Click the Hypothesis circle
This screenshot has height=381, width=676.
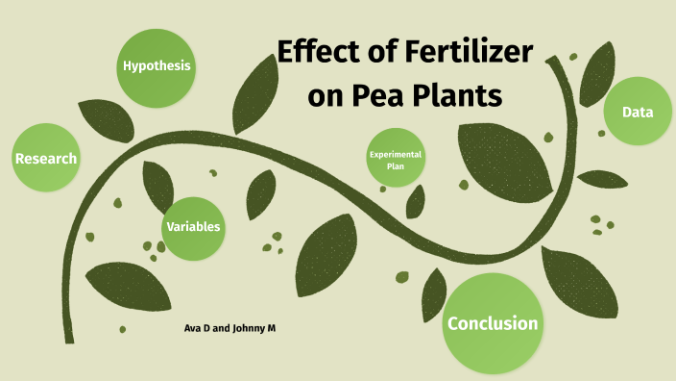pyautogui.click(x=156, y=66)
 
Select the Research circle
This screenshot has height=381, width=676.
pyautogui.click(x=45, y=158)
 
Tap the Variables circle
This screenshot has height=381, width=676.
pyautogui.click(x=194, y=227)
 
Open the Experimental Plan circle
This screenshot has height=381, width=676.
pyautogui.click(x=396, y=160)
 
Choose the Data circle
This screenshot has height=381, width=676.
pyautogui.click(x=638, y=113)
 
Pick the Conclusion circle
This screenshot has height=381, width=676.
pyautogui.click(x=493, y=323)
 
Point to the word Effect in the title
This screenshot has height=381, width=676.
pyautogui.click(x=323, y=54)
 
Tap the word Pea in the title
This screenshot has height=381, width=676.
pyautogui.click(x=393, y=98)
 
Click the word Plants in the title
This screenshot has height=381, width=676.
pyautogui.click(x=466, y=98)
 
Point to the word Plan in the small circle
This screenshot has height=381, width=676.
pyautogui.click(x=396, y=166)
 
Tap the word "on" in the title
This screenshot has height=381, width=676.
pyautogui.click(x=338, y=98)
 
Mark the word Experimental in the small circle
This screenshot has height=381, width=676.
pyautogui.click(x=396, y=154)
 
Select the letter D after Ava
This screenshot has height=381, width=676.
pyautogui.click(x=206, y=329)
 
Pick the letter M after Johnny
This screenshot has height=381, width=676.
pyautogui.click(x=272, y=329)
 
